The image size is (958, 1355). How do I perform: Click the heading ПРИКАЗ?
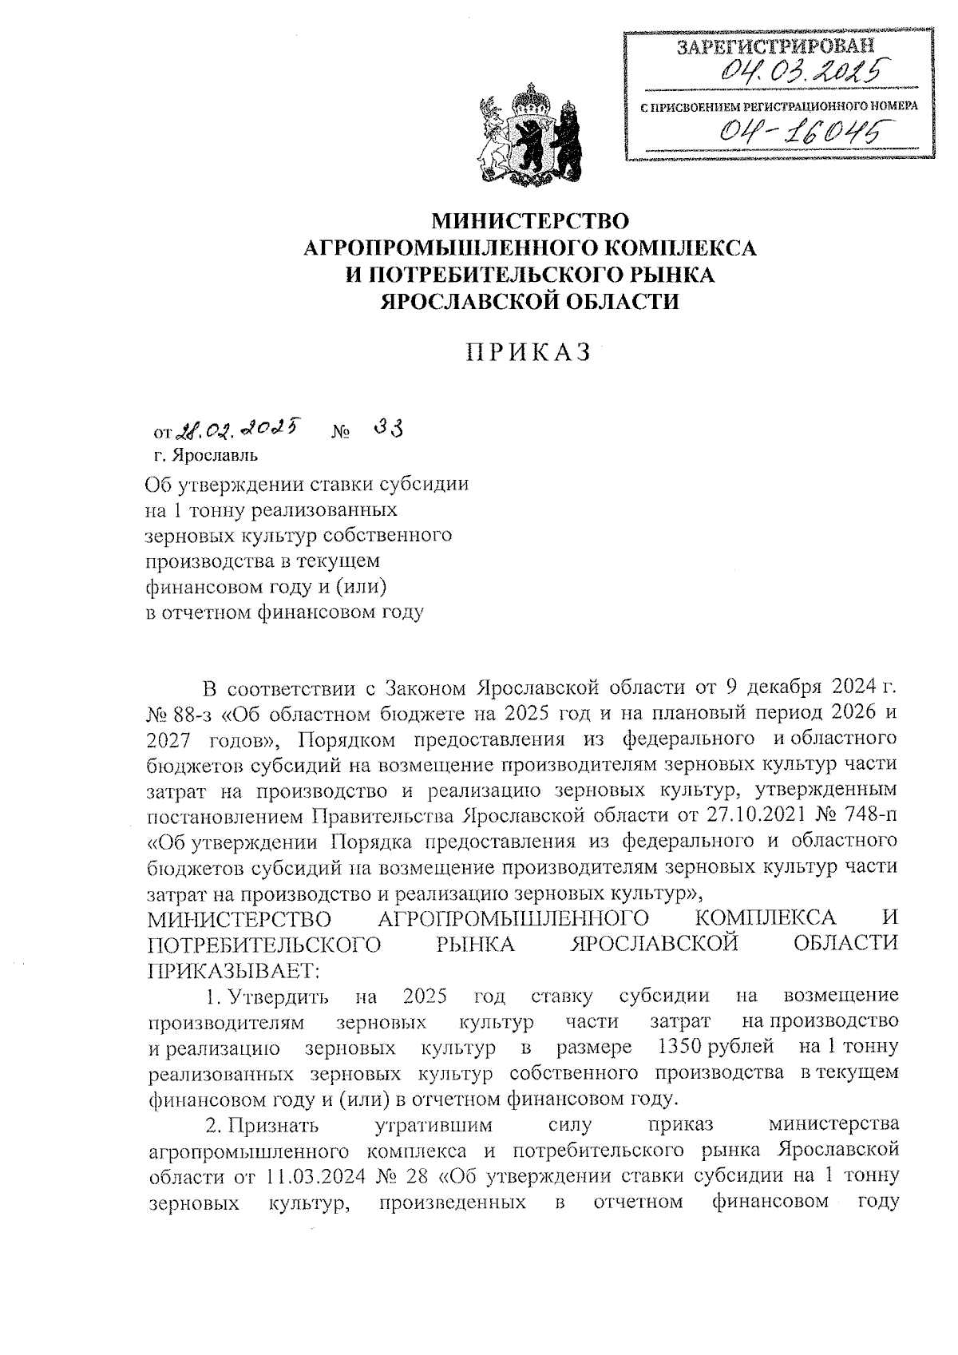[529, 352]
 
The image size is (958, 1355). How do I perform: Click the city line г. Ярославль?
[206, 456]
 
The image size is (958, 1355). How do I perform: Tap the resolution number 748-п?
[869, 815]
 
